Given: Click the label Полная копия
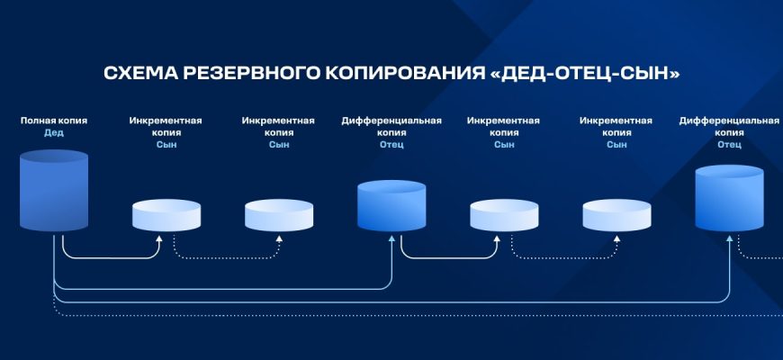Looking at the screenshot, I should tap(54, 120).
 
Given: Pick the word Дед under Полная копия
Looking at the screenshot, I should tap(54, 132).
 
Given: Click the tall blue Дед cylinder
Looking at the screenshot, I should tap(54, 192).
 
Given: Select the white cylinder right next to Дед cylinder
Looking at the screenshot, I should tap(166, 215).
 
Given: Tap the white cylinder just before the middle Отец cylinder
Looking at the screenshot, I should tap(279, 215).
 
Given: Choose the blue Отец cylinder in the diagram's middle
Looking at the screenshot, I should tap(391, 206).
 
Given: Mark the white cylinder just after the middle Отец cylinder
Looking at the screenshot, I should tap(504, 215).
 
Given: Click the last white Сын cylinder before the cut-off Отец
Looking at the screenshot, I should tap(616, 215).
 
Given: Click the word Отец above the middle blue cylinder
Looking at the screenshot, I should tap(391, 144).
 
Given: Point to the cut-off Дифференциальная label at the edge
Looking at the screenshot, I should tap(729, 120).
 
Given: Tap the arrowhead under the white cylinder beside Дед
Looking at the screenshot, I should tap(159, 239).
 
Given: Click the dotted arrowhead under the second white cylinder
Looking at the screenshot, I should tap(279, 239).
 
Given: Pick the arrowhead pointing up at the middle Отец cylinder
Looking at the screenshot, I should tap(391, 239).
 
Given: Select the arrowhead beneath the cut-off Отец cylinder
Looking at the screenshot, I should tap(729, 239).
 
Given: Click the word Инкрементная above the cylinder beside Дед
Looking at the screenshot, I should tap(166, 120).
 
